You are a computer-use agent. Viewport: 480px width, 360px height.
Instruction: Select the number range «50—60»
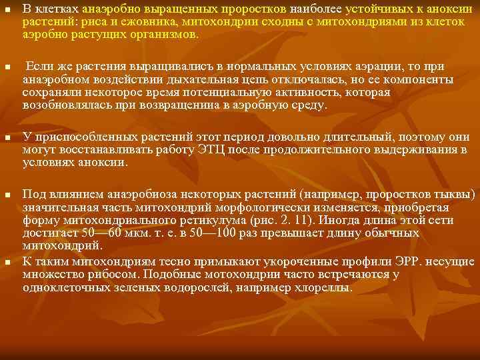click(x=100, y=233)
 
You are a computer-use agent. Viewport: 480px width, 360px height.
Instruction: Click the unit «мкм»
click(x=142, y=233)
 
